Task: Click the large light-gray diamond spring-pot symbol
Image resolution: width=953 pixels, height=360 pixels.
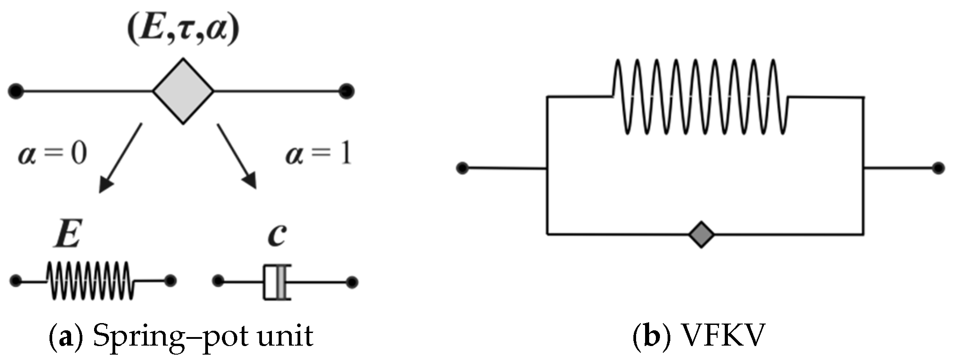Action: tap(183, 91)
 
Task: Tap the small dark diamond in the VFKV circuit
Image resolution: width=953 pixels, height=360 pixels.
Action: tap(701, 234)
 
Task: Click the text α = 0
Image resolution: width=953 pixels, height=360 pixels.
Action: tap(52, 155)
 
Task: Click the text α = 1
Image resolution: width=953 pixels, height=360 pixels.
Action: tap(318, 155)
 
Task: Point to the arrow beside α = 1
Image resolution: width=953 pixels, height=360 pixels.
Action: tap(237, 156)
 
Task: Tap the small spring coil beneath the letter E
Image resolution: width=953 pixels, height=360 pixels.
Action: tap(90, 281)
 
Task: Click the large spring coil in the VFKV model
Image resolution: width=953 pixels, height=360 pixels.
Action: tap(700, 97)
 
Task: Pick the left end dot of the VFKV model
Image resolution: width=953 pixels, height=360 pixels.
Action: tap(462, 168)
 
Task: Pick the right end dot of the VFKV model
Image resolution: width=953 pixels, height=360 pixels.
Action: tap(938, 168)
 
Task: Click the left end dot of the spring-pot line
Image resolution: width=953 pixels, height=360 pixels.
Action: tap(16, 91)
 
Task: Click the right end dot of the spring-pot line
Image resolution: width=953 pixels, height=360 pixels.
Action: tap(347, 91)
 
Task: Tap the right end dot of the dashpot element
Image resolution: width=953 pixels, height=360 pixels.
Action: tap(352, 282)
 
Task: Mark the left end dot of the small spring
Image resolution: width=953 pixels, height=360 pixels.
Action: tap(16, 281)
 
